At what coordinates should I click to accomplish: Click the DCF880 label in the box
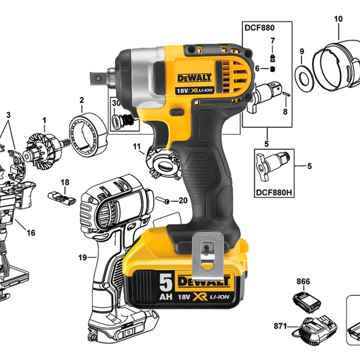[x=260, y=28]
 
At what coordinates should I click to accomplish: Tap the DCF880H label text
[x=274, y=192]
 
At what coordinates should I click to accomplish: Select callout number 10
[x=338, y=19]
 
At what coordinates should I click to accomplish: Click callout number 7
[x=273, y=41]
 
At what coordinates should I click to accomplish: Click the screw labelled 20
[x=163, y=200]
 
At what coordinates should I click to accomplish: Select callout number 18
[x=65, y=182]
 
